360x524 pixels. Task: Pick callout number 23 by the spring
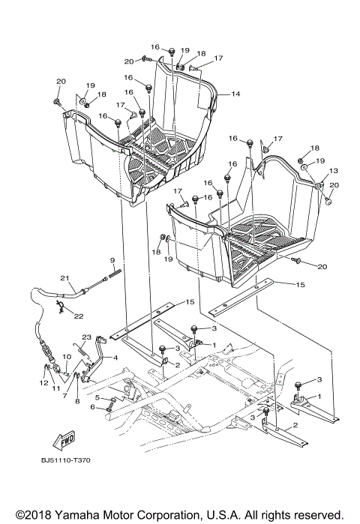click(x=86, y=337)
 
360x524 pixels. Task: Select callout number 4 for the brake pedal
click(x=115, y=358)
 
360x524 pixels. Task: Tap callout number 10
click(x=66, y=356)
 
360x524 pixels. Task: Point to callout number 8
click(x=76, y=402)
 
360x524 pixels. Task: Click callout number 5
click(x=97, y=397)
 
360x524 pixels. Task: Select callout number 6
click(x=94, y=408)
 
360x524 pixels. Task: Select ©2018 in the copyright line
click(x=25, y=513)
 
